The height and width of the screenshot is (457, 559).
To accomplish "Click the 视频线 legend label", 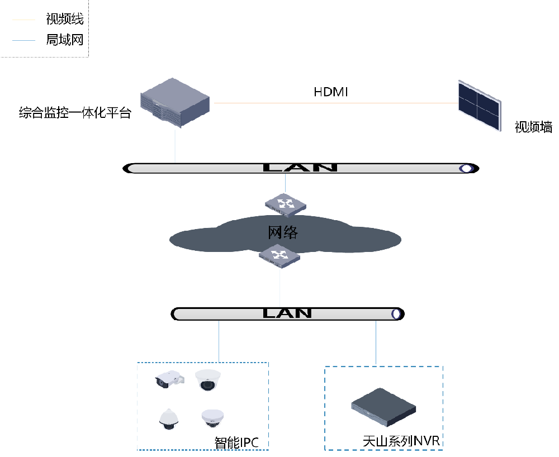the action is tap(64, 19).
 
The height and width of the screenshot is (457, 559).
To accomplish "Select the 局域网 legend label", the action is tap(64, 40).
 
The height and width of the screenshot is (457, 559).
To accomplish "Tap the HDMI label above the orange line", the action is tap(330, 92).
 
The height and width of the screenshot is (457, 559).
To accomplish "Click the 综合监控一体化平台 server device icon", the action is tap(174, 103).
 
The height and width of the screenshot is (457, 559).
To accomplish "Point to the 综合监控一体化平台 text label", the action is tap(75, 112).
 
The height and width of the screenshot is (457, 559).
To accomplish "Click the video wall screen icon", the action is tap(480, 106).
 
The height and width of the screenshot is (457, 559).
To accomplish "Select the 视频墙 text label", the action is tap(533, 127).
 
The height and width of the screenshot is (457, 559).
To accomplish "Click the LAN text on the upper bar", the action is tap(300, 168).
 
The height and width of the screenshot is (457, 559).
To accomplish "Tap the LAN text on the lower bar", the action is tap(287, 313).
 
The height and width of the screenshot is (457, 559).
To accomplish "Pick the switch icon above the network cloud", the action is tap(285, 205).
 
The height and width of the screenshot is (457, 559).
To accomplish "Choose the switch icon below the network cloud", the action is tap(279, 256).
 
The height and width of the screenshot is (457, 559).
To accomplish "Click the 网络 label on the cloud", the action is tap(283, 232).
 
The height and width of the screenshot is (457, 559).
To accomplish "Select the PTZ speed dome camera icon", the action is tap(169, 419).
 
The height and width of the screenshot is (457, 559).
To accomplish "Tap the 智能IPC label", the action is tap(236, 442).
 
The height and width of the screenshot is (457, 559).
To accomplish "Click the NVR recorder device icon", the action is tap(383, 407).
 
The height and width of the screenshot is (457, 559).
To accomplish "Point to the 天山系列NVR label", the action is tap(401, 441).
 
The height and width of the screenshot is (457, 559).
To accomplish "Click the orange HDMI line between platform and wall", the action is tap(336, 103).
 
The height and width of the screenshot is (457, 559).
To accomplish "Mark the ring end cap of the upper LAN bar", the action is tap(466, 168).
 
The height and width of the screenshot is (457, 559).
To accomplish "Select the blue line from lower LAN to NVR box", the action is tap(376, 342).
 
